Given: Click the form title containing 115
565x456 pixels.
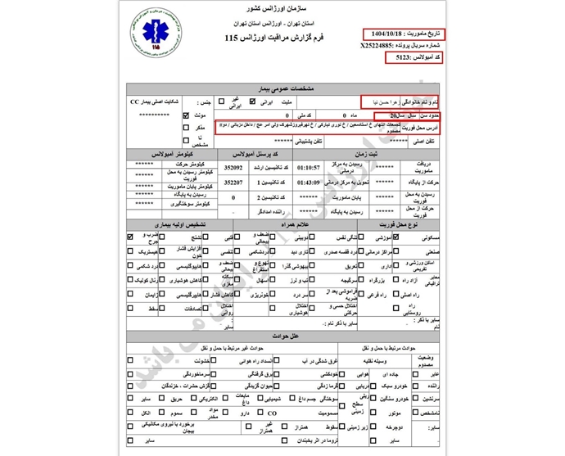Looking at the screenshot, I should pyautogui.click(x=268, y=38).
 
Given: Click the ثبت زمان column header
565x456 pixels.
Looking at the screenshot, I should pyautogui.click(x=360, y=154).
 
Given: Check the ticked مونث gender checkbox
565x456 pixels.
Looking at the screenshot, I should pyautogui.click(x=186, y=116).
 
